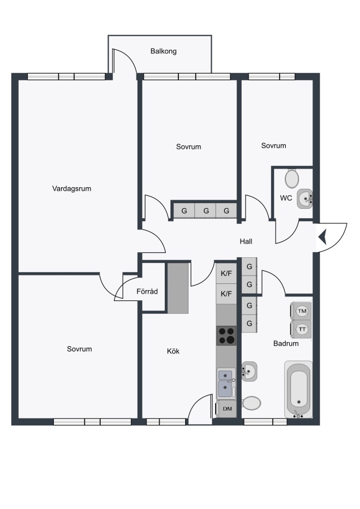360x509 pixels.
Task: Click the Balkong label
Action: point(164,51)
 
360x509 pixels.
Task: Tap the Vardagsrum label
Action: point(71,188)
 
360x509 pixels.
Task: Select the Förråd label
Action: point(147,291)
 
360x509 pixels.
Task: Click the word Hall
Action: point(246,241)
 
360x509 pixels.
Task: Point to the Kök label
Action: point(173,351)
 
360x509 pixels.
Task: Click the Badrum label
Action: point(286,343)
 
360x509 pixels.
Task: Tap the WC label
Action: point(286,198)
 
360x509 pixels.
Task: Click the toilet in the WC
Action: point(292,178)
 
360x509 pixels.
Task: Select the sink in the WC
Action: point(305,199)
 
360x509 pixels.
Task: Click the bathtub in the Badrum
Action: point(299,389)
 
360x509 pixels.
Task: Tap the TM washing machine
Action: point(301,311)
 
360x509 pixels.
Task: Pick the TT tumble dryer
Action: point(301,329)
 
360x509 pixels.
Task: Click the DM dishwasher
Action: point(226,409)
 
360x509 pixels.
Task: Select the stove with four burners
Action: point(226,335)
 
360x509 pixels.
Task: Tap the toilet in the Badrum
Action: point(251,403)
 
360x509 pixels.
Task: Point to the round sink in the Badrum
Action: point(249,372)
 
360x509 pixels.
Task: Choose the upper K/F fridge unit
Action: point(226,273)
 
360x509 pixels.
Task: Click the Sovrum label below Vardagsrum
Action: point(79,349)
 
